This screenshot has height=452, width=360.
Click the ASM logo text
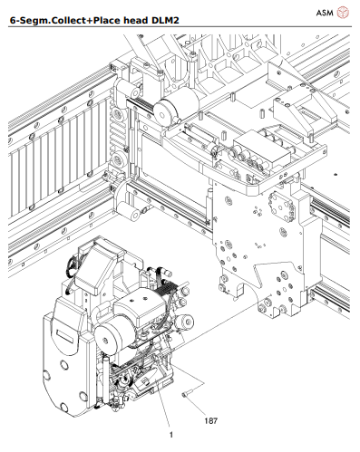[324, 13]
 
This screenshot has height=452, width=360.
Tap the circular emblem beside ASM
[344, 13]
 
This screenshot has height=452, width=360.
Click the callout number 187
[209, 420]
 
